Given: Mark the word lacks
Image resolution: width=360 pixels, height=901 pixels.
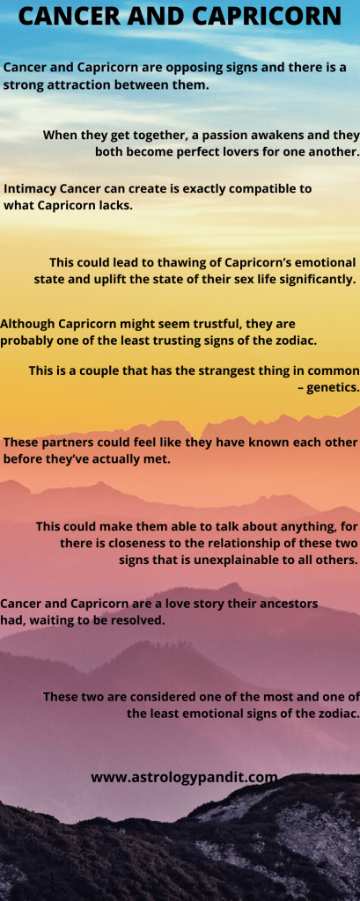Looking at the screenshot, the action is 117,205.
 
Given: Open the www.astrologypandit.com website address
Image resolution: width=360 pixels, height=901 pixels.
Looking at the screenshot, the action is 184,778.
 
